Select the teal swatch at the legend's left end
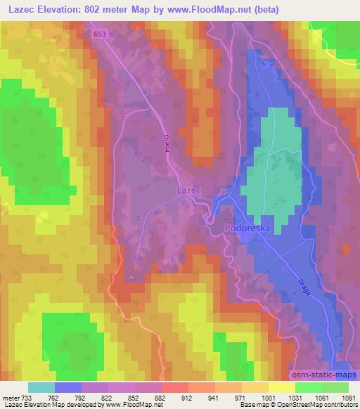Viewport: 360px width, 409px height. (x=41, y=387)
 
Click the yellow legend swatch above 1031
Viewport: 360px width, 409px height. (x=282, y=387)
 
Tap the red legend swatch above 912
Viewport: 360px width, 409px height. (x=174, y=387)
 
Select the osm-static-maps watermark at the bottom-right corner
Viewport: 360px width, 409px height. (x=324, y=376)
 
